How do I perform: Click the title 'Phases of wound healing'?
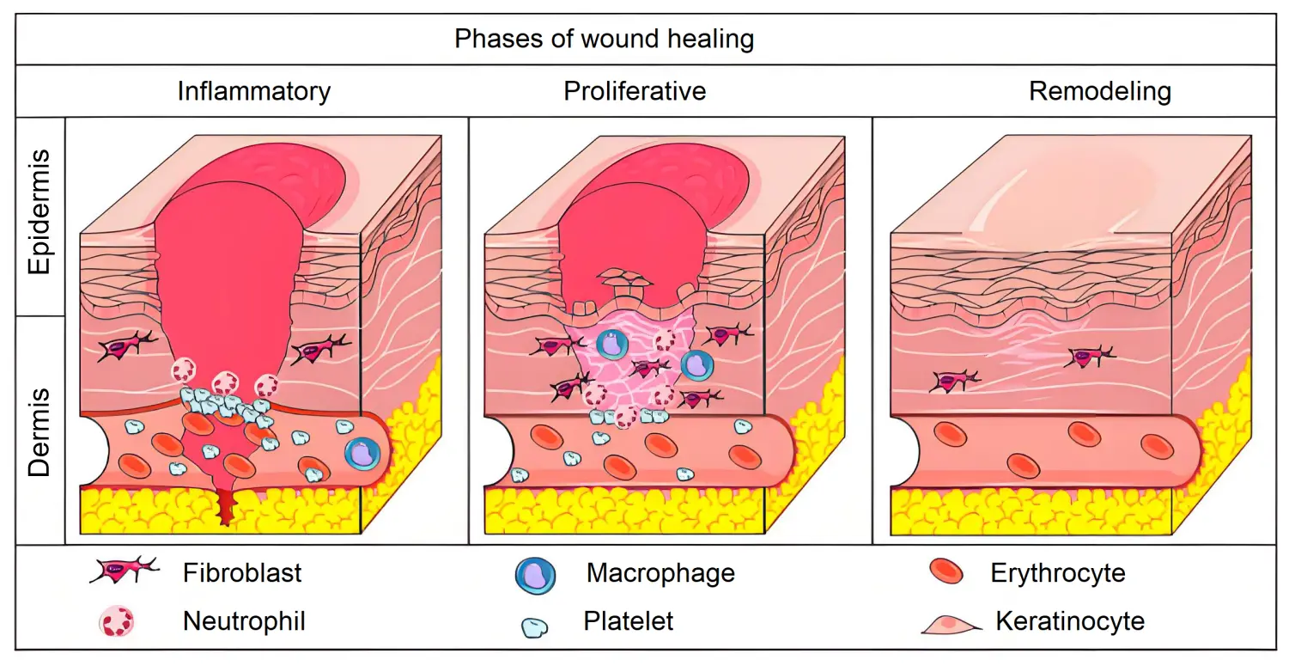tap(604, 40)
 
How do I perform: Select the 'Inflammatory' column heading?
tap(254, 92)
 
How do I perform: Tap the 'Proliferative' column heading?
tap(634, 91)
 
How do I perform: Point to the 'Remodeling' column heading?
tap(1100, 92)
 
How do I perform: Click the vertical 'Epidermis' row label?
tap(40, 211)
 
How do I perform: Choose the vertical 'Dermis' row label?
tap(40, 432)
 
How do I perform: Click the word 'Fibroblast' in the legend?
tap(242, 572)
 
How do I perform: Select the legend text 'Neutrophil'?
tap(244, 621)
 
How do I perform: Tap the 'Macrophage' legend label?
tap(660, 573)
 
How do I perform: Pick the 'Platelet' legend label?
tap(629, 621)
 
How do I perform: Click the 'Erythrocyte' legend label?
tap(1058, 573)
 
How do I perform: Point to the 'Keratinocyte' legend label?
tap(1070, 621)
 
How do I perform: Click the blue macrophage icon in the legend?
tap(535, 576)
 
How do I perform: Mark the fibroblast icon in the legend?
tap(124, 571)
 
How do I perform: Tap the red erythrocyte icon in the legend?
tap(946, 571)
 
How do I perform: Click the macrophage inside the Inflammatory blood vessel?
tap(362, 454)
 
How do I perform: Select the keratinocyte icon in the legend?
tap(951, 626)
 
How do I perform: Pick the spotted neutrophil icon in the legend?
tap(117, 621)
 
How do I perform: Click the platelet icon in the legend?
tap(535, 627)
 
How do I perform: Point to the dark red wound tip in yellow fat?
tap(227, 509)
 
